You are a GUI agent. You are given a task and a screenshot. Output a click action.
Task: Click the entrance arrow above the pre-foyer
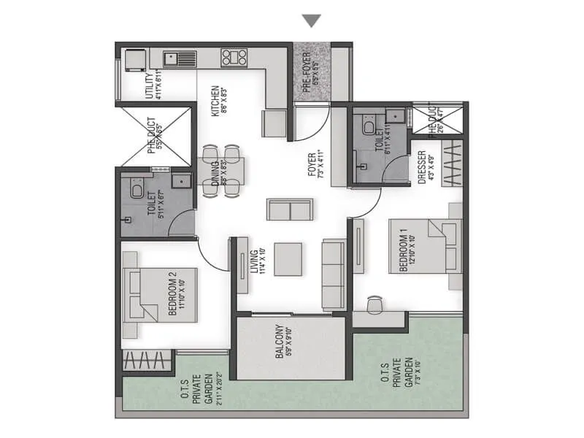[x=312, y=20]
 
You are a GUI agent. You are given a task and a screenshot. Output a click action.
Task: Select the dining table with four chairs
[x=221, y=171]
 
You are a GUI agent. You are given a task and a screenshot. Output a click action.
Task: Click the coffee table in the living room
[x=290, y=258]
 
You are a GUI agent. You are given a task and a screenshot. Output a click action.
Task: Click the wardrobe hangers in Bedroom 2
[x=147, y=361]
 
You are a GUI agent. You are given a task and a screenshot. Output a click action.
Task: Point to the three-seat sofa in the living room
[x=333, y=274]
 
